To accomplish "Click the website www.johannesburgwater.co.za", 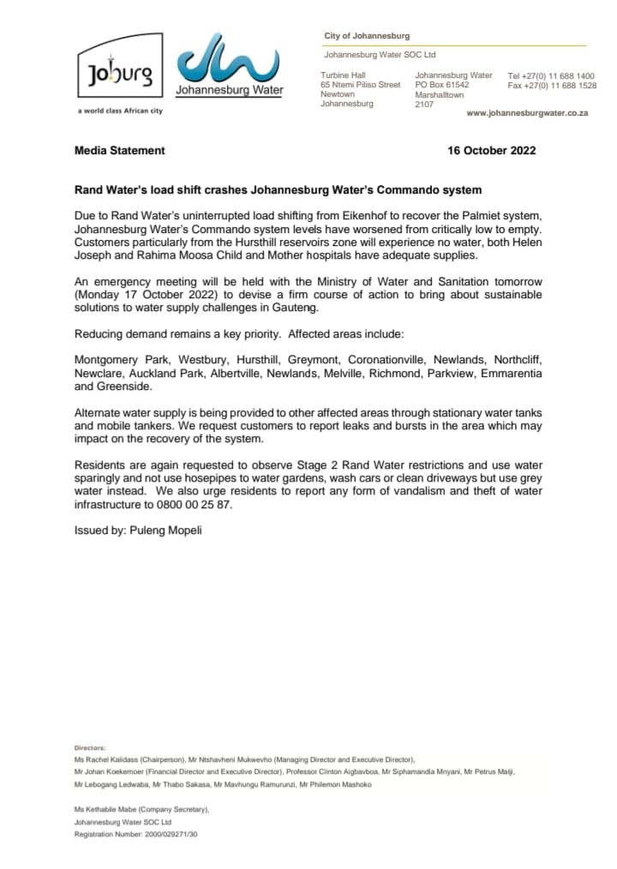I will (x=526, y=113).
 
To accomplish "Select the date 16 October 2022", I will (x=492, y=151).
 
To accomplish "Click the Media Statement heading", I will (x=120, y=151).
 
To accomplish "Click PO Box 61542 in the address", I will (x=442, y=86).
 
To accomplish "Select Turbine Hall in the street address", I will (x=343, y=75).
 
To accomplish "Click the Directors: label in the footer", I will (x=90, y=748).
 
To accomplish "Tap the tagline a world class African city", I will (x=119, y=111).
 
